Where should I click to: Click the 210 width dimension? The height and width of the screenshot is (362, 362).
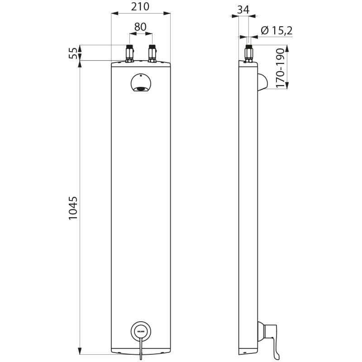click(x=140, y=7)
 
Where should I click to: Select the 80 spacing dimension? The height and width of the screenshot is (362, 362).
click(x=140, y=27)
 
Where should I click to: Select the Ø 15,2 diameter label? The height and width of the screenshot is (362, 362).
click(x=276, y=30)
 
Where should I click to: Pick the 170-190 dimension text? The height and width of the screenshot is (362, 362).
click(x=281, y=68)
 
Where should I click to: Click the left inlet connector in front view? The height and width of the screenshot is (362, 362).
click(x=130, y=54)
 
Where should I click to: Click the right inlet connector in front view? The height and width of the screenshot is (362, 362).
click(x=152, y=54)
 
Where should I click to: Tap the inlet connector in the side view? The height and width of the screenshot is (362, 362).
click(x=248, y=54)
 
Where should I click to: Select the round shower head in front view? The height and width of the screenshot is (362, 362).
click(x=142, y=85)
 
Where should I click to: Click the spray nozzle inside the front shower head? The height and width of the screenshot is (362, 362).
click(x=142, y=89)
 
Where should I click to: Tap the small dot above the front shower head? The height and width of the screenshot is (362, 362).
click(x=142, y=76)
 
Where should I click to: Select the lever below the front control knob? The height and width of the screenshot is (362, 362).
click(x=142, y=349)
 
